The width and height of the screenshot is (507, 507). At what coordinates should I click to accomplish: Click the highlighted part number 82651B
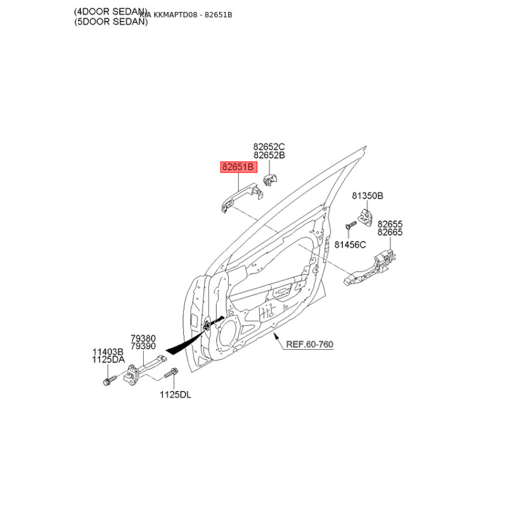coord(237,167)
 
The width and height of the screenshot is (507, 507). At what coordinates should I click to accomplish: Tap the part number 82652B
coord(269,155)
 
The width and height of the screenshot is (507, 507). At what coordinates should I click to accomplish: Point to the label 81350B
coord(368,196)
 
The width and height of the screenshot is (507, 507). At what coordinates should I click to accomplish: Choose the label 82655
coord(390,224)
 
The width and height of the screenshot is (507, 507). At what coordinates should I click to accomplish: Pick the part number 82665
coord(390,233)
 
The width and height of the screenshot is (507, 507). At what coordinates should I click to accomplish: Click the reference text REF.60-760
coord(309,344)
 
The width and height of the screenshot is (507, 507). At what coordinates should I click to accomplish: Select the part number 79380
coord(143,338)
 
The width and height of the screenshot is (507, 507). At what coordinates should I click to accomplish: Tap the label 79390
coord(143,347)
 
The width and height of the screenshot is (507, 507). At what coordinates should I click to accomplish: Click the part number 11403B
coord(108,351)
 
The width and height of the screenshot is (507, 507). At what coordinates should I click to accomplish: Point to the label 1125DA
coord(108,359)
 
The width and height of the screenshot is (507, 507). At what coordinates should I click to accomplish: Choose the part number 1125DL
coord(175,395)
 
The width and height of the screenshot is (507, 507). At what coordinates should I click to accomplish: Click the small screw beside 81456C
coord(348,226)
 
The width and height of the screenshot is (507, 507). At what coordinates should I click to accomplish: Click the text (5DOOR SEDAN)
coord(110,22)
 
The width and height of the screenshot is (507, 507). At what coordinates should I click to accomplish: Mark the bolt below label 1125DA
coord(106,382)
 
